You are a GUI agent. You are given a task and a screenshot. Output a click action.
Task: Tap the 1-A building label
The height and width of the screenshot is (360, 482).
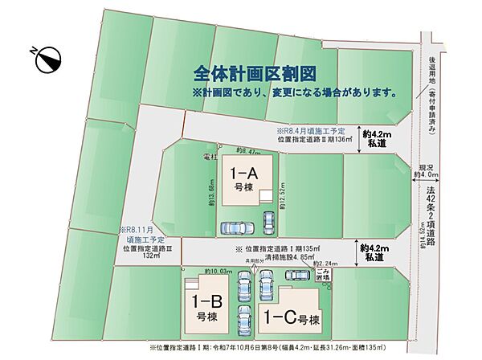click(x=243, y=178)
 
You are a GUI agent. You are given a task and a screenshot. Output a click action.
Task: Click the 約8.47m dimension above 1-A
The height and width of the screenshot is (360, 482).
click(x=250, y=150)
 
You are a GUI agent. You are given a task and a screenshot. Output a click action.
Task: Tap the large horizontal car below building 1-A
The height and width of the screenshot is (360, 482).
click(x=235, y=227)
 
